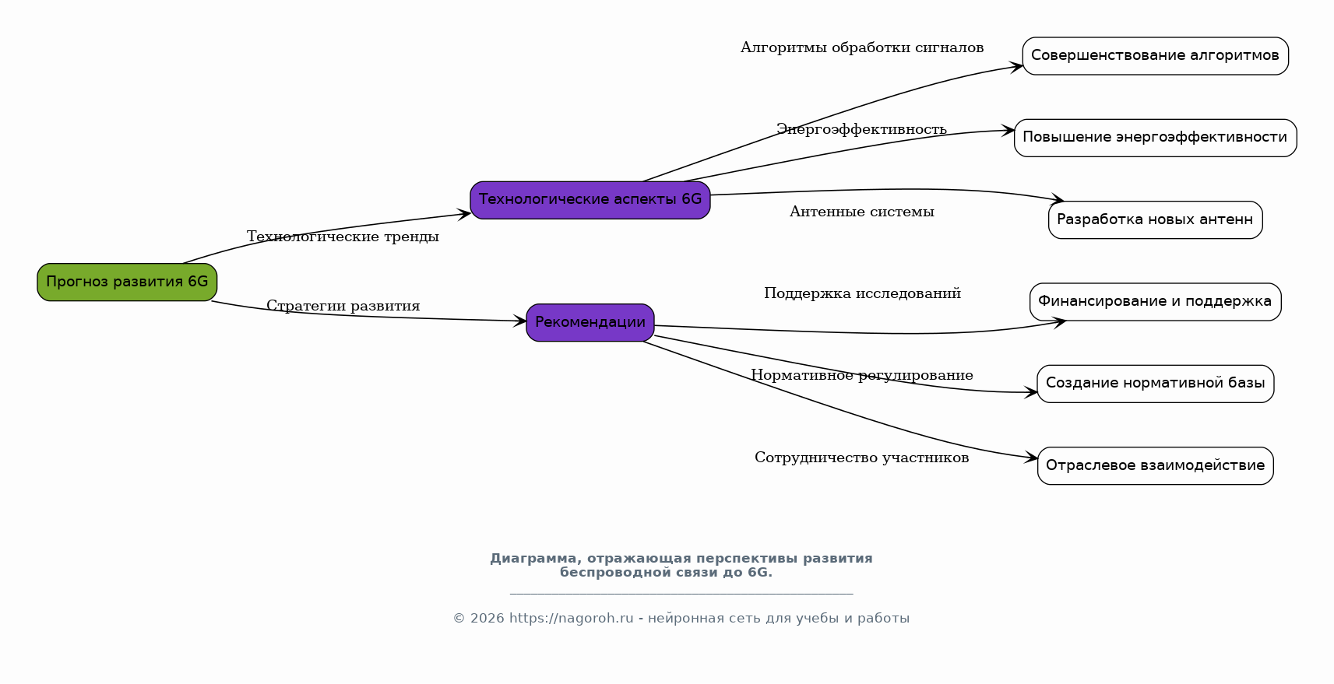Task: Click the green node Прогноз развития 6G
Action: (127, 282)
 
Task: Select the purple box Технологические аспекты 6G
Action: (590, 199)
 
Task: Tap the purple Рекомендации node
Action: (590, 322)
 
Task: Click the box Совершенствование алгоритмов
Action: (1155, 55)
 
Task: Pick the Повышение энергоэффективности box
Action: (1155, 137)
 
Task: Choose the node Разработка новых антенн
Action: (1155, 219)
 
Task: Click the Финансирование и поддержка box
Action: (1155, 301)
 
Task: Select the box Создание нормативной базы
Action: (1155, 383)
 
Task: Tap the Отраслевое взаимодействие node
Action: (1155, 465)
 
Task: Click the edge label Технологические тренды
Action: (343, 237)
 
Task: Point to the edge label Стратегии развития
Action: (343, 306)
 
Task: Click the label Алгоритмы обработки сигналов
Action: (861, 47)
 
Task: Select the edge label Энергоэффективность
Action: (861, 129)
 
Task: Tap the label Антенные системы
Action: (861, 212)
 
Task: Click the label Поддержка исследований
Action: (862, 293)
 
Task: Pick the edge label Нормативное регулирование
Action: (861, 375)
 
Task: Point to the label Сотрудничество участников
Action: (861, 458)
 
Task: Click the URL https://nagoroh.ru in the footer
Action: (571, 619)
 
